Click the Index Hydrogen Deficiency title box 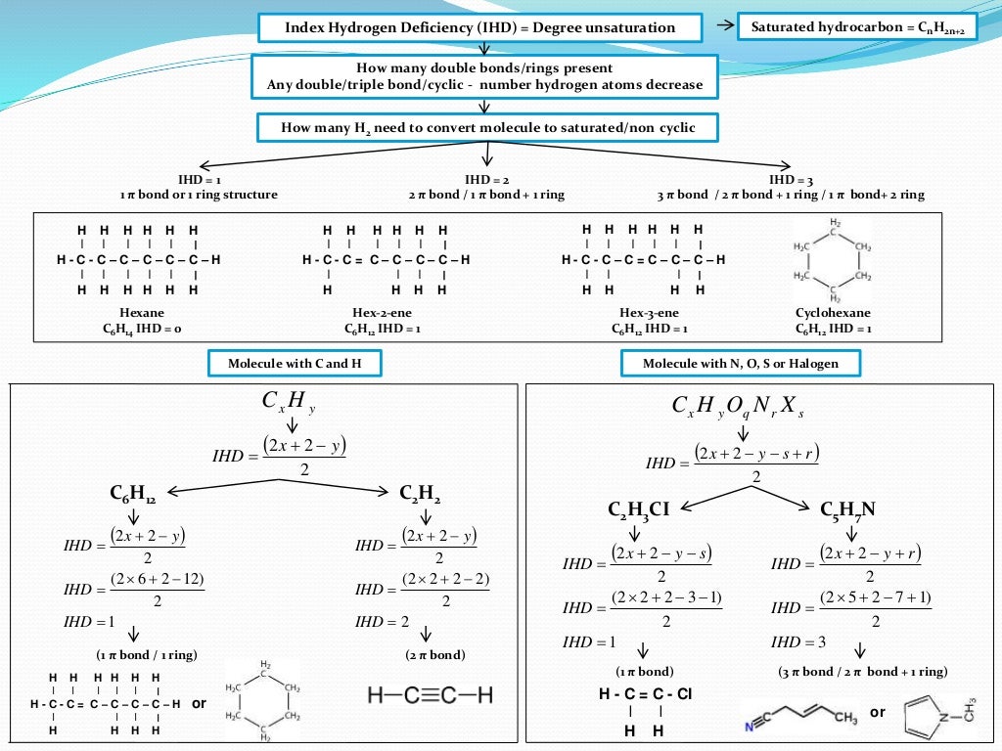[480, 27]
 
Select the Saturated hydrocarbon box [857, 26]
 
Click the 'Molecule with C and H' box [294, 364]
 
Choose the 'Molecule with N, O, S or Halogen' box [742, 364]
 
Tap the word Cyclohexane [833, 313]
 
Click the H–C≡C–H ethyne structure [431, 695]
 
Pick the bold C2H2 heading [420, 495]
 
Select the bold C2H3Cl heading [638, 509]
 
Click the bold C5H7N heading [847, 509]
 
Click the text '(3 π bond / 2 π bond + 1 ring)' [862, 672]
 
